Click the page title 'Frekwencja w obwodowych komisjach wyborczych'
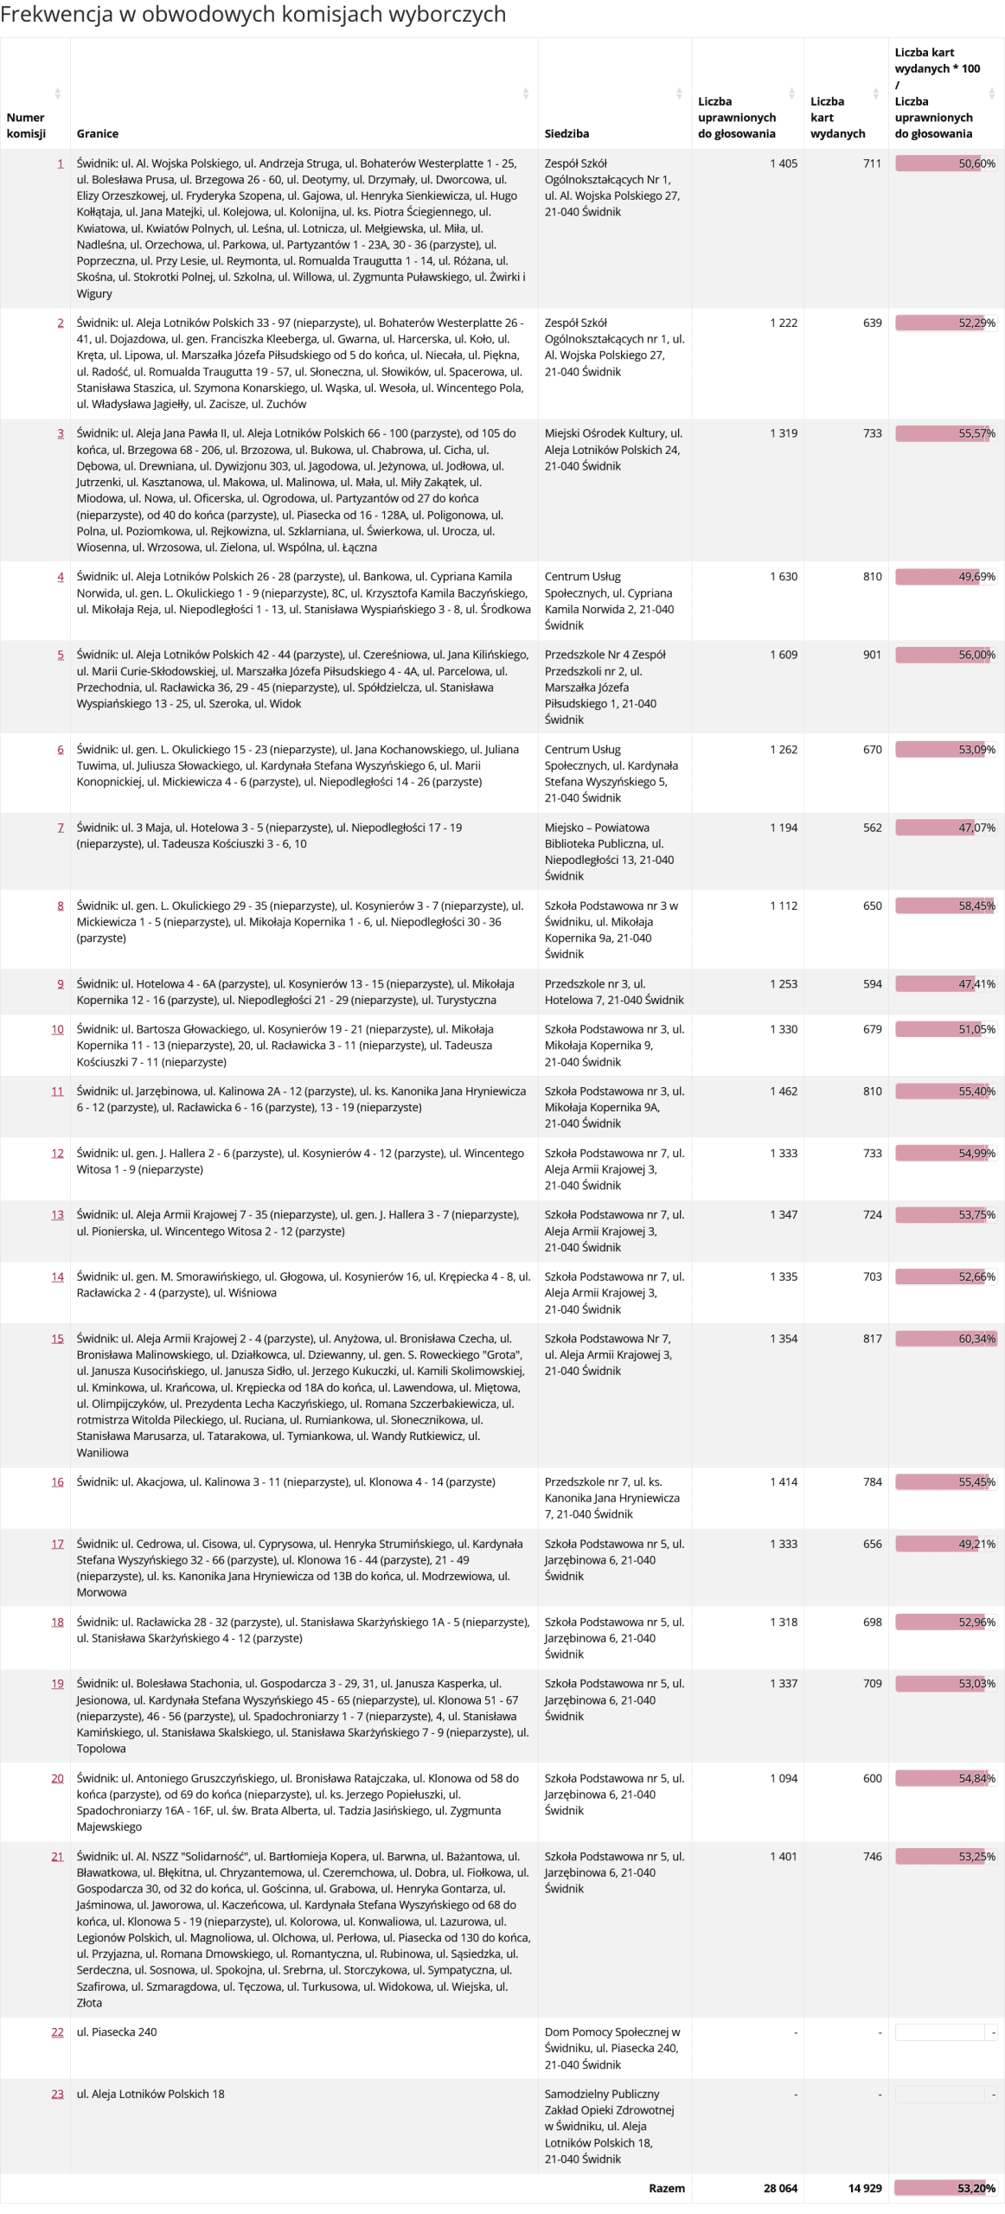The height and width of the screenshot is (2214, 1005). (x=253, y=15)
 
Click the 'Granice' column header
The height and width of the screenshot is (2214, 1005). (x=98, y=133)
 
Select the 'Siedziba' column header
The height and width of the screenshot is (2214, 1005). (x=567, y=133)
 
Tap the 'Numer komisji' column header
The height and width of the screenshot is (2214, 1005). (x=26, y=125)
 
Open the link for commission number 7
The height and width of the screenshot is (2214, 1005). (x=61, y=828)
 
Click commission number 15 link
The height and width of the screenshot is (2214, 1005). (x=57, y=1339)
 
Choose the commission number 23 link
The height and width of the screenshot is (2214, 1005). (x=57, y=2094)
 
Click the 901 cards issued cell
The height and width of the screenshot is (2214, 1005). (x=872, y=655)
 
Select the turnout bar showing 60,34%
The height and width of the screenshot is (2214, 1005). (x=945, y=1339)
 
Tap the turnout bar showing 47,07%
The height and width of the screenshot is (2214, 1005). (x=945, y=828)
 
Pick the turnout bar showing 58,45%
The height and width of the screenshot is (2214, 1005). (x=945, y=905)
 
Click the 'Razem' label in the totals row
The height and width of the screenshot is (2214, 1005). (x=667, y=2188)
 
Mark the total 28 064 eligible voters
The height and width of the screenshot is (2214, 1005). (x=780, y=2188)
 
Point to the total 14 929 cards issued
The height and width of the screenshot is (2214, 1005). (x=865, y=2188)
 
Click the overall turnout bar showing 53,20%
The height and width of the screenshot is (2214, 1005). (x=945, y=2188)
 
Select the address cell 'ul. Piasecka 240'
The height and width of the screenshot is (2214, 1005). (x=117, y=2032)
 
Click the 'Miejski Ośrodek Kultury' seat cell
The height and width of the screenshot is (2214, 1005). (x=613, y=450)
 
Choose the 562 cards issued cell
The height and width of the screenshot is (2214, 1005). (x=872, y=828)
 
